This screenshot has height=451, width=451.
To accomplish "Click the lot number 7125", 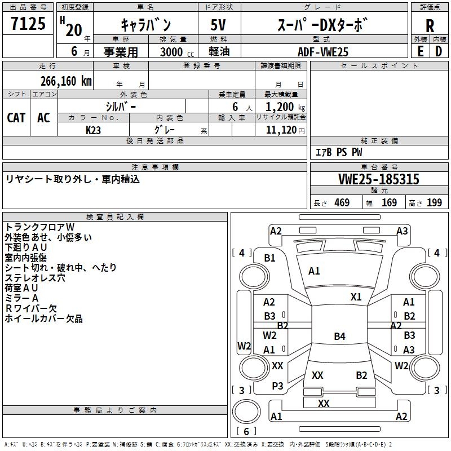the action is (28, 23).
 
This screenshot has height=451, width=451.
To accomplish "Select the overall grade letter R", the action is (430, 26).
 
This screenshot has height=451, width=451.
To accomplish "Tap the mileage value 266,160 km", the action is (66, 81).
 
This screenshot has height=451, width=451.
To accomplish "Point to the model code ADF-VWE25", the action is (323, 52).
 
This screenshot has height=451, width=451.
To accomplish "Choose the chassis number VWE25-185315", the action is (379, 179).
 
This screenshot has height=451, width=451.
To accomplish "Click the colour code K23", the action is (93, 130).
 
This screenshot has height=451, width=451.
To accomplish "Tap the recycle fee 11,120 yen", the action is (285, 130).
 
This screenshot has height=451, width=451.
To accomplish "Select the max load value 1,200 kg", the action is (285, 107).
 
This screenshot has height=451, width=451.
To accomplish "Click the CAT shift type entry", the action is (16, 118).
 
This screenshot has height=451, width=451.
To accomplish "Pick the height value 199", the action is (434, 202).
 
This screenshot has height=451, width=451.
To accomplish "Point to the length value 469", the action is (342, 202).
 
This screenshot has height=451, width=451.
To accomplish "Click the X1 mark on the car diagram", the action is (356, 297).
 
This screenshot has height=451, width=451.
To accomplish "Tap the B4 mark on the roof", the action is (339, 336).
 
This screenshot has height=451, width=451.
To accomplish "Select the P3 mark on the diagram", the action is (277, 386).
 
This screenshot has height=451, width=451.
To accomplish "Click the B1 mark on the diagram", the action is (270, 258).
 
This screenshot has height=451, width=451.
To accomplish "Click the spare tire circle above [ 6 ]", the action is (246, 412).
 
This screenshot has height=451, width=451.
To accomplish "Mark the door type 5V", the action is (218, 25).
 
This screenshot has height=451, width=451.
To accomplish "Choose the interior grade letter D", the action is (439, 51).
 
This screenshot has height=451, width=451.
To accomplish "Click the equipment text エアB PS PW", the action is (339, 152).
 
